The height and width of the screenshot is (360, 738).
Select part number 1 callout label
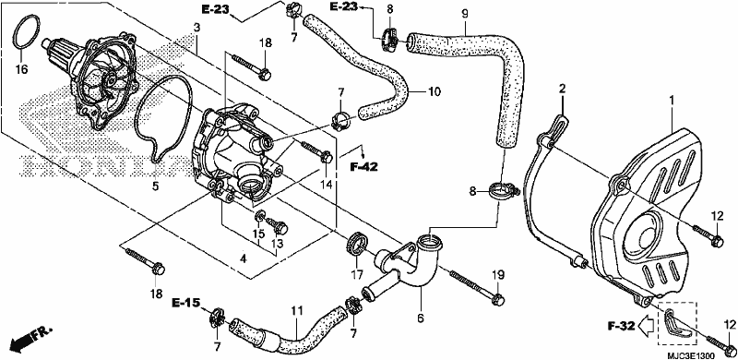coord(673,101)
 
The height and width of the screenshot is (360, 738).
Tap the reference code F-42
coord(363,166)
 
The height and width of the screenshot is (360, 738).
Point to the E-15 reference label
coord(185,302)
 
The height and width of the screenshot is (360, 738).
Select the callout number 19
coord(498,275)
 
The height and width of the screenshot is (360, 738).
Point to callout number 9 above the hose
coord(465,14)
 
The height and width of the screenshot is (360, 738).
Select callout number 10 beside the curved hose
coord(434,91)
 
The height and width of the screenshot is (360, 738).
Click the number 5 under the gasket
coord(155,186)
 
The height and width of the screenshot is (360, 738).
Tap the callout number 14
coord(325,184)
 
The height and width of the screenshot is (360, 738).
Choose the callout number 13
coord(278,244)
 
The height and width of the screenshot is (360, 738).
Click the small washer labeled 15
coord(260,217)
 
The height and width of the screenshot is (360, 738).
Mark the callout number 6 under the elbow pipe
coord(421,318)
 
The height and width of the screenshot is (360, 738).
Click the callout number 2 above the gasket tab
coord(562,88)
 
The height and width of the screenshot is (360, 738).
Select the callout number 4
coord(243,258)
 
